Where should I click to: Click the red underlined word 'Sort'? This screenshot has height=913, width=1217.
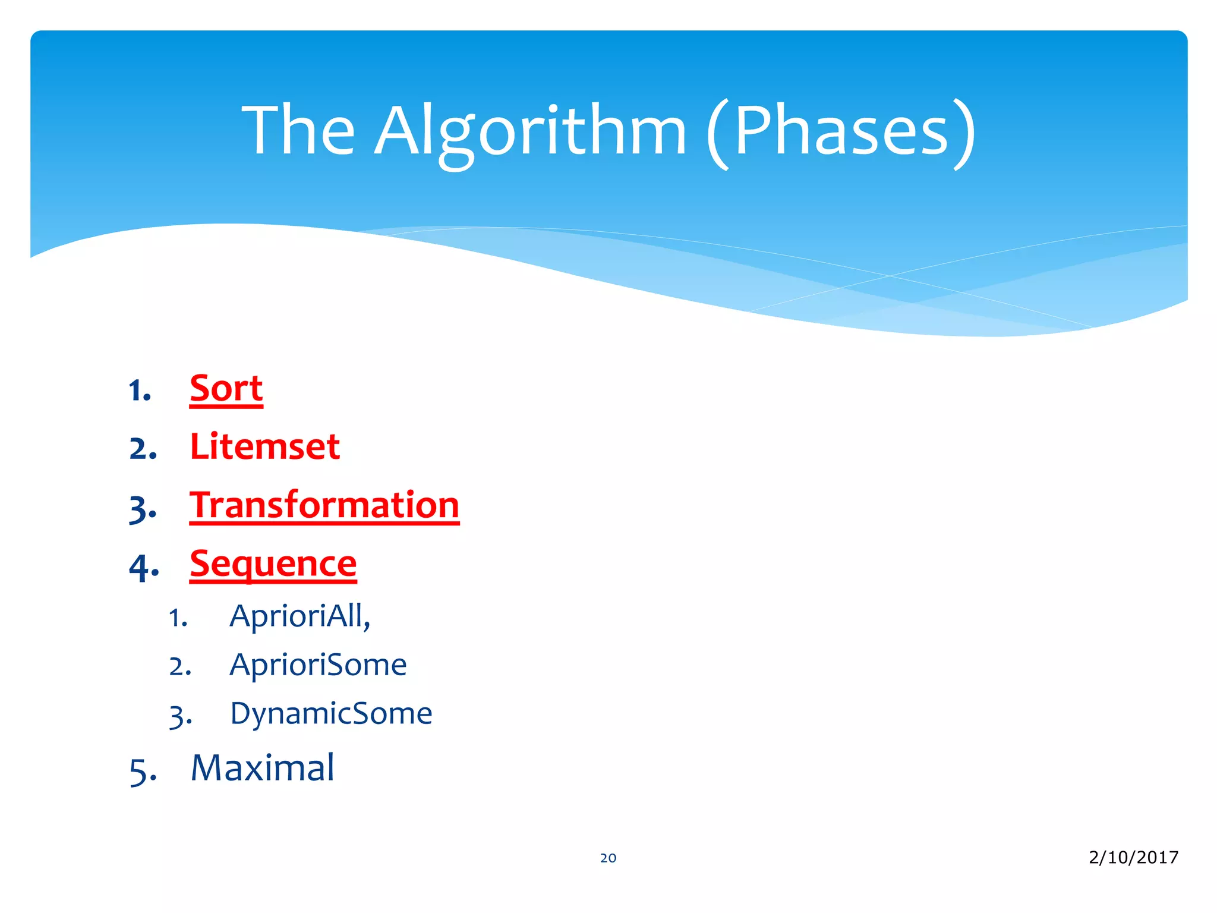click(226, 389)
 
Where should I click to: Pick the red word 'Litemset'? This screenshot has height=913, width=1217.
click(264, 447)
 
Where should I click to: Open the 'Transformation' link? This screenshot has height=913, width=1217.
click(324, 506)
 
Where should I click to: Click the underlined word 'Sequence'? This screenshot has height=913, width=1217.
click(273, 564)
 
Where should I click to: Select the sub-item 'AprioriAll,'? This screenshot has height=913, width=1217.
click(299, 616)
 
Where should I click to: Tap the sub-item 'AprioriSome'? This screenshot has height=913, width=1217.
click(318, 665)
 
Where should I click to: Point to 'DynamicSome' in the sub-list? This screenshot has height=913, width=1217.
click(331, 713)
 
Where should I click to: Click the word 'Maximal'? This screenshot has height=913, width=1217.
click(262, 768)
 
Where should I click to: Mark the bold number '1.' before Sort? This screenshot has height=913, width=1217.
click(140, 391)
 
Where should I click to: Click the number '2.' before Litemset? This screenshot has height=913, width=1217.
click(143, 449)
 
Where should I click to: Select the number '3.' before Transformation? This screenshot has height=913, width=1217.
click(143, 509)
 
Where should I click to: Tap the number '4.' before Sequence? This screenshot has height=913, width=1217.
click(144, 567)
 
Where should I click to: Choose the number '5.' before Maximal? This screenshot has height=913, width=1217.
click(143, 772)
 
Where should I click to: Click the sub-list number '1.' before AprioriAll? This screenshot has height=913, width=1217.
click(178, 618)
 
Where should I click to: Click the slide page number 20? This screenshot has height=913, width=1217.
click(608, 858)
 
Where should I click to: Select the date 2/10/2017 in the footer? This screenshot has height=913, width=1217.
click(1133, 857)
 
